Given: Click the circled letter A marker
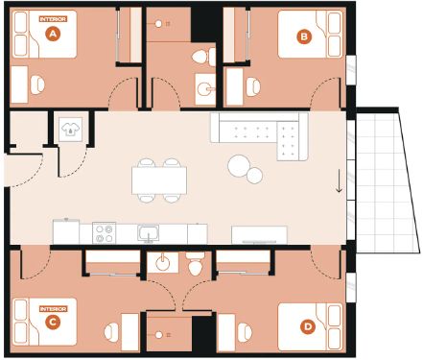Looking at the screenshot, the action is point(53,34).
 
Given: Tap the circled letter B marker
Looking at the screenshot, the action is point(304,36).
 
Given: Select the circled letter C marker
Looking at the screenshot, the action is point(53,322).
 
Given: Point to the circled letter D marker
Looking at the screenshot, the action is point(308,326).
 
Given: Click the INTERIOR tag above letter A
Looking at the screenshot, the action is point(53,19).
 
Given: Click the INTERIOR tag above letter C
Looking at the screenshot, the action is point(53,309).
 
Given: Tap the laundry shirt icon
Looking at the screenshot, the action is point(70,130).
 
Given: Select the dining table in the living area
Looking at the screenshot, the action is point(159,180).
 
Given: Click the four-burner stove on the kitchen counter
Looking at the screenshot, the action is point(105,233).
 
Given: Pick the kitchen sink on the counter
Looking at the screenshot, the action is point(149,233).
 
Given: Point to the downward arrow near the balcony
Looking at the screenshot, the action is point(339,181).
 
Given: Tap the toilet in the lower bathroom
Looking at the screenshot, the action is point(196,263).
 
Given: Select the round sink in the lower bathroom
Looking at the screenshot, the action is point(163,263).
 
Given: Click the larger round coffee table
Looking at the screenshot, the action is point(239,165).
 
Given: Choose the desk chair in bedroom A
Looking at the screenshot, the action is point(37,84).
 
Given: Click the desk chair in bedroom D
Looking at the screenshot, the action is point(245,332).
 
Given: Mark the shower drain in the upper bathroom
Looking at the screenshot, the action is point(158,24).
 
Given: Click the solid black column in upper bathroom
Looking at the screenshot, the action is point(204,24).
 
